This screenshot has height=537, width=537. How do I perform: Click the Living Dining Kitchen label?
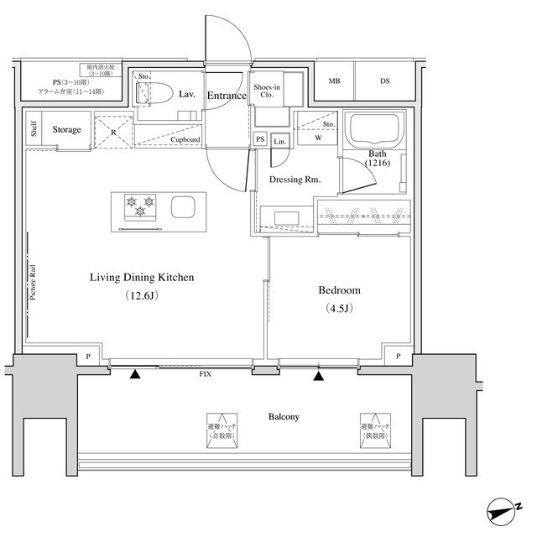tap(143, 277)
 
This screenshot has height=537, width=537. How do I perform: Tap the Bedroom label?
tap(339, 290)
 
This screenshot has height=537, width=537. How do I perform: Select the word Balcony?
tap(284, 417)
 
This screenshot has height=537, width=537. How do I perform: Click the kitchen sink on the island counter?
tap(183, 206)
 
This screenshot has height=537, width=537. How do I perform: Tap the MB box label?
tap(335, 81)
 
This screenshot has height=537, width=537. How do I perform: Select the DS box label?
tap(384, 81)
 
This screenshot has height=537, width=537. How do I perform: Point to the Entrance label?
tap(227, 96)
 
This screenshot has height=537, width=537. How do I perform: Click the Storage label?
tap(67, 130)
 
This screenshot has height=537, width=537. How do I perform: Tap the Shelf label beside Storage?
tap(34, 130)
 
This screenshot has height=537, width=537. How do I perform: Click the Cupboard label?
tap(184, 140)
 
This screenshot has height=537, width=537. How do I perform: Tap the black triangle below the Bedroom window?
tap(318, 376)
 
